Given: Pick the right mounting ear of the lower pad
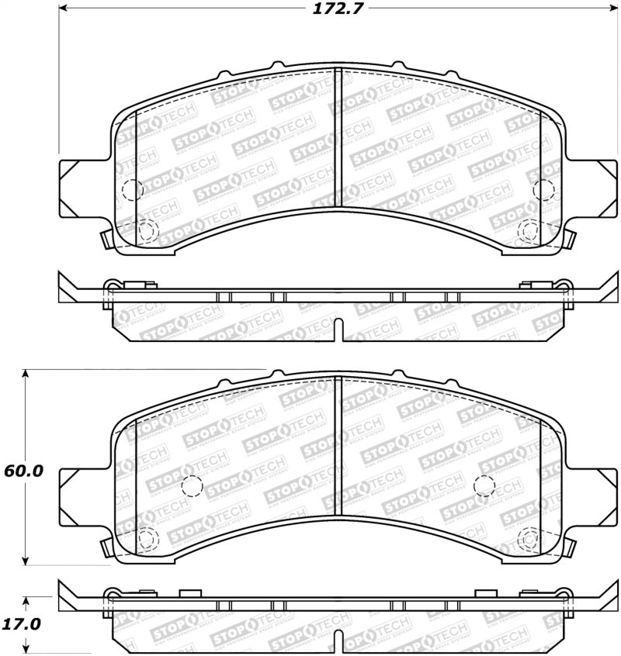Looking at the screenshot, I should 592,488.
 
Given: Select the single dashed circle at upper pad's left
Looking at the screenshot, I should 133,189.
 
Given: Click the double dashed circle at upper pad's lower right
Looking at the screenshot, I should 529,230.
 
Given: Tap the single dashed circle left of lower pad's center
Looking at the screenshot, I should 191,485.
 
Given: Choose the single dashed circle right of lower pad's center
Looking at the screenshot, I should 484,485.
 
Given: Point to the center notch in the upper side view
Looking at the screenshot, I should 338,329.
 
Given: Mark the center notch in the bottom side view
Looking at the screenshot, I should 338,640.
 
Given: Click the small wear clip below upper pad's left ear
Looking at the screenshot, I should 107,238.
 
